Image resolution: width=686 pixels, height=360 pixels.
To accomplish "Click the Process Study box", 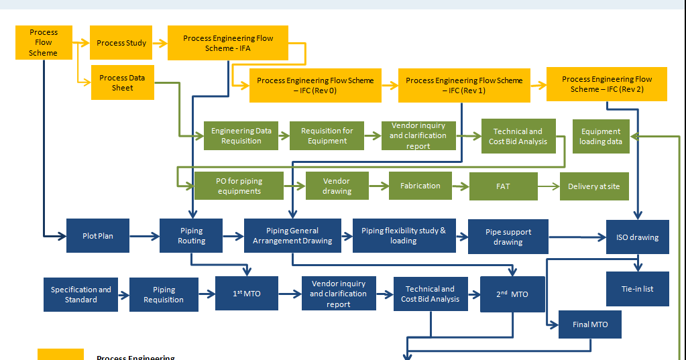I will click(121, 43).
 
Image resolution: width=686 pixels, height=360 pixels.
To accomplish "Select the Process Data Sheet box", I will click(122, 82).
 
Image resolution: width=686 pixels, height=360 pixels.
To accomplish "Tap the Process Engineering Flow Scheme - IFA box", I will click(228, 43).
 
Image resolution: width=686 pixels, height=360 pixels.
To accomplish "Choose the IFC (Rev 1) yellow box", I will click(463, 85).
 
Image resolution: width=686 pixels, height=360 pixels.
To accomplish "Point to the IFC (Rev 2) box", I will click(606, 84).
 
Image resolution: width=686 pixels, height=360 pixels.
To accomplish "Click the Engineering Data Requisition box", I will click(241, 136).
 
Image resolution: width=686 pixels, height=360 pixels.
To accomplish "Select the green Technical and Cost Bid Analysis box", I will click(518, 136).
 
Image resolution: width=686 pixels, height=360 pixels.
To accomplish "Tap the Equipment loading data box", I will click(601, 136).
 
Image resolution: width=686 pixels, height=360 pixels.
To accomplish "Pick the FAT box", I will click(503, 186).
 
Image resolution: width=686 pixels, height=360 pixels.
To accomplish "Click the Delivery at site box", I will click(593, 186).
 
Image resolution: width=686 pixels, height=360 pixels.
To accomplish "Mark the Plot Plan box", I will click(97, 235).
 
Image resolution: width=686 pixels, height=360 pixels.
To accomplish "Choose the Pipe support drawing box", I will click(508, 237).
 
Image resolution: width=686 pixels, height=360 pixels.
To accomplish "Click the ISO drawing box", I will click(637, 237).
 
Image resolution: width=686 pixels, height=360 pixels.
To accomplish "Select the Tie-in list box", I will click(637, 289).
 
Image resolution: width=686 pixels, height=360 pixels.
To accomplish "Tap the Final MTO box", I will click(590, 324).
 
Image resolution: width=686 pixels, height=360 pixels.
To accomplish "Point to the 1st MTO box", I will click(246, 294).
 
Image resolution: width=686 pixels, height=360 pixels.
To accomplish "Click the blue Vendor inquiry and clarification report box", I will click(338, 294).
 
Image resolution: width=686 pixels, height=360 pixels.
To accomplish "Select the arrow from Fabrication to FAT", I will click(460, 186).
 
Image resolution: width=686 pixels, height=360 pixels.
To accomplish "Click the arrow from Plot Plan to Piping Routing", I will click(144, 235).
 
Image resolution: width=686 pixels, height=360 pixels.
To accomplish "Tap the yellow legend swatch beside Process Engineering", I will click(60, 355).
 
